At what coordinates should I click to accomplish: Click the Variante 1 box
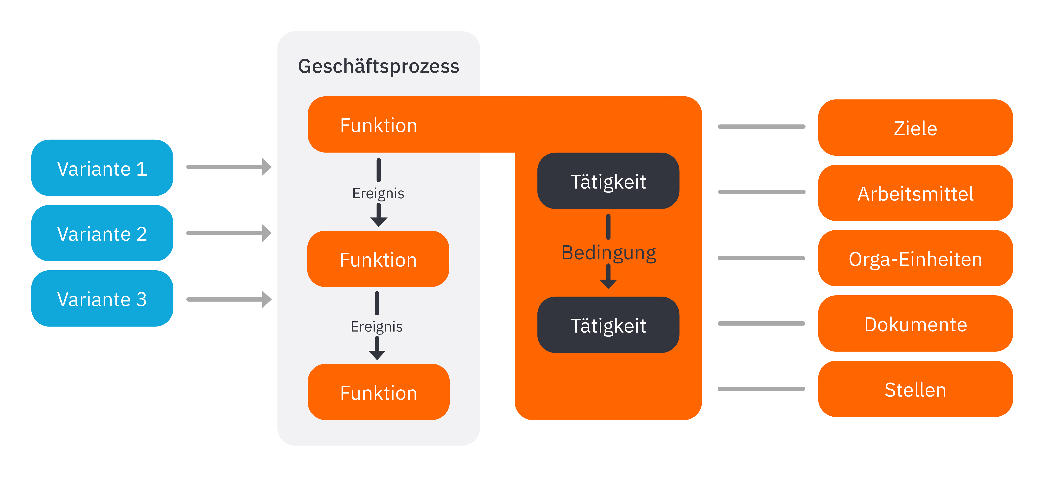[102, 168]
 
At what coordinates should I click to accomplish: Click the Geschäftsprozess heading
[378, 66]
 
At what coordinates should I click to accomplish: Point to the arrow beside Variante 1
[229, 167]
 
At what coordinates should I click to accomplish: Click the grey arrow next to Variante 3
[229, 299]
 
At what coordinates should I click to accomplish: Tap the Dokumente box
[915, 324]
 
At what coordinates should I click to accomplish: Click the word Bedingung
[608, 253]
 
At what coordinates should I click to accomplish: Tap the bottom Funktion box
[378, 392]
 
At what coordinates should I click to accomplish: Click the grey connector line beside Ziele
[761, 127]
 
